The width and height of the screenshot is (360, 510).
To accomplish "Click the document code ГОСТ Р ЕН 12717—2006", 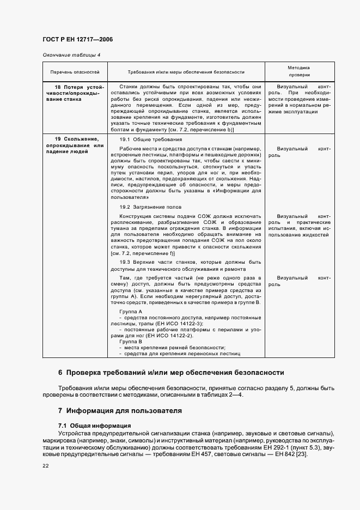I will pos(77,39).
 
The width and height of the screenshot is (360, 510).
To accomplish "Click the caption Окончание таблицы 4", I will pos(71,55).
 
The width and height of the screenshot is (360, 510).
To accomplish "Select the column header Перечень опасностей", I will pos(75,72).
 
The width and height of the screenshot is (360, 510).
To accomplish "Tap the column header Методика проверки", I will pos(299,72).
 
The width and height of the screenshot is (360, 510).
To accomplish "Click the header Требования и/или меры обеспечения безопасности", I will pos(186,72).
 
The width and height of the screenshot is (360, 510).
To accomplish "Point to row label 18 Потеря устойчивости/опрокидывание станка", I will pos(75,93).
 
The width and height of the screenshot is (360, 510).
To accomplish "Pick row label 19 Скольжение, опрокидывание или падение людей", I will pos(75,145).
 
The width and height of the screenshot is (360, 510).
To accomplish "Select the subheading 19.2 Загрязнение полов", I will pos(147,207).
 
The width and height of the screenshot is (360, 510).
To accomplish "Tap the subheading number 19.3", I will pos(126,262).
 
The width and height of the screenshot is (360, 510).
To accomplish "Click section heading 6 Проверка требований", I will pos(171,373).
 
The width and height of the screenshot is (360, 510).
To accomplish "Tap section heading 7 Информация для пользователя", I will pos(120,410).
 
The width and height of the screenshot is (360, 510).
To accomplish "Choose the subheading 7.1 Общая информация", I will pos(94,425).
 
